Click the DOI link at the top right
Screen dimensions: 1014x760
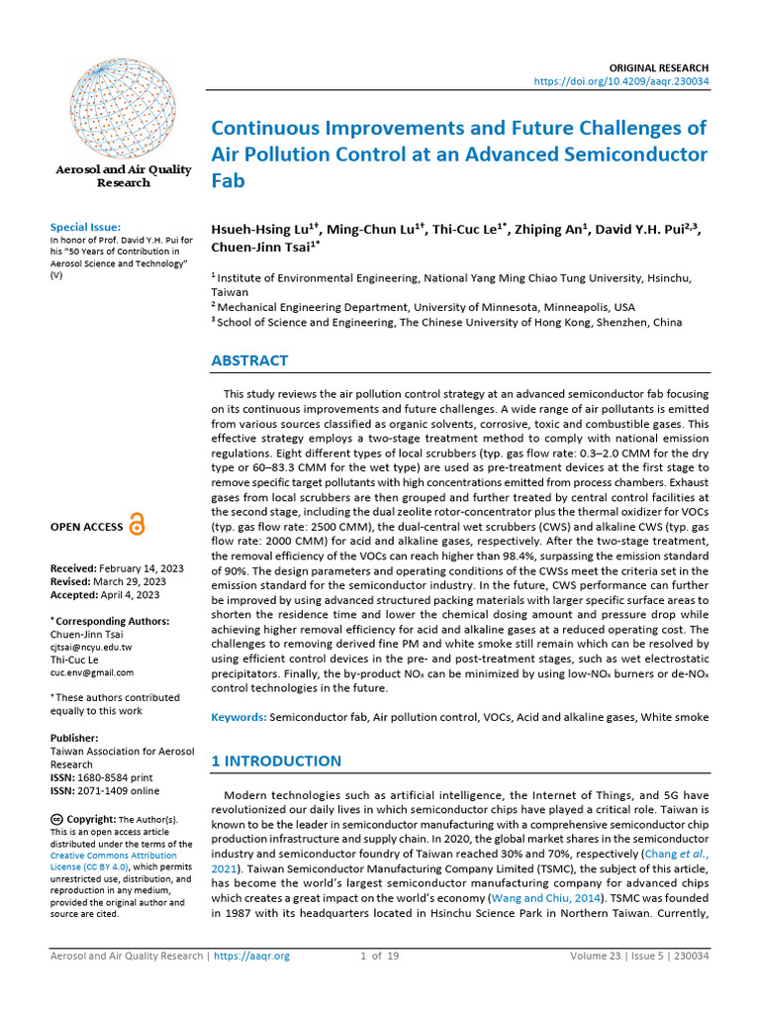[x=620, y=80]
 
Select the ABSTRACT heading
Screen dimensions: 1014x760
[x=249, y=360]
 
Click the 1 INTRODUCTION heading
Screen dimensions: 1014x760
[x=276, y=760]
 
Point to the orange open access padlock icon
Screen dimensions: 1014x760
[x=137, y=526]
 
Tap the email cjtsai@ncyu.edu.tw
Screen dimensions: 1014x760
[x=90, y=647]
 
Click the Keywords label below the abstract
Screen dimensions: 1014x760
[x=238, y=716]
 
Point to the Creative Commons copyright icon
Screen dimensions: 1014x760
[x=56, y=819]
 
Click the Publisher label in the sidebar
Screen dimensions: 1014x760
[x=74, y=738]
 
